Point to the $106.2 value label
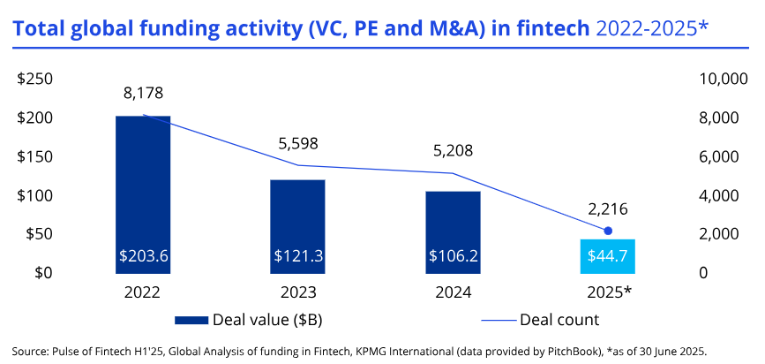tap(454, 256)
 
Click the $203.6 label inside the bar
tap(143, 256)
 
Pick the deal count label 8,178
tap(144, 93)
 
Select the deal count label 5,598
tap(297, 143)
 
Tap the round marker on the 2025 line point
tap(608, 231)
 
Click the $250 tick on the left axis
tap(36, 80)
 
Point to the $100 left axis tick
tap(36, 195)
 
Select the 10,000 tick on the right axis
tap(722, 80)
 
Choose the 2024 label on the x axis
tap(454, 292)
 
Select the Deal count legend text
tap(559, 319)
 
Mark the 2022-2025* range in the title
tap(654, 30)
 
